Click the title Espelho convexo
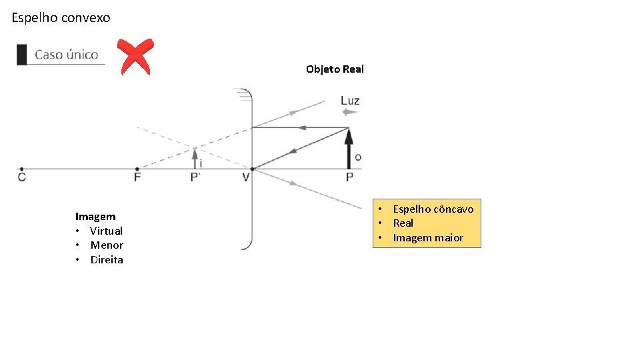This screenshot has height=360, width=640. (61, 18)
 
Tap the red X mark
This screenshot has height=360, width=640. (135, 57)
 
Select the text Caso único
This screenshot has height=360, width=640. (66, 55)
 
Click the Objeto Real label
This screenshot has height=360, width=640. (335, 69)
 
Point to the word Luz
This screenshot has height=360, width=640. (350, 101)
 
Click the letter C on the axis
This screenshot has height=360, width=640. (22, 177)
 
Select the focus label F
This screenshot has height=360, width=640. (137, 177)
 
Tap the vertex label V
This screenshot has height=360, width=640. (246, 177)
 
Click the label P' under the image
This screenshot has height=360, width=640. (196, 177)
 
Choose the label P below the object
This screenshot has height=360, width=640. (349, 177)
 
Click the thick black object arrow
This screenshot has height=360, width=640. (348, 148)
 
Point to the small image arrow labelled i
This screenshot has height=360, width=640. (195, 159)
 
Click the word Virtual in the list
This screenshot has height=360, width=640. (107, 231)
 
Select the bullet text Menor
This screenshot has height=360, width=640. (107, 245)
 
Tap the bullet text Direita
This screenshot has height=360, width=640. (107, 260)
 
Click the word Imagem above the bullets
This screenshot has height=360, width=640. (95, 217)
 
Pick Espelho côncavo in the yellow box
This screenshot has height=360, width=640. (433, 209)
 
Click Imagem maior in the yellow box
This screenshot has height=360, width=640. (428, 238)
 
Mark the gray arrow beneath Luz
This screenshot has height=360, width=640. (349, 113)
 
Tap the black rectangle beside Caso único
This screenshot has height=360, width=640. (22, 55)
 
